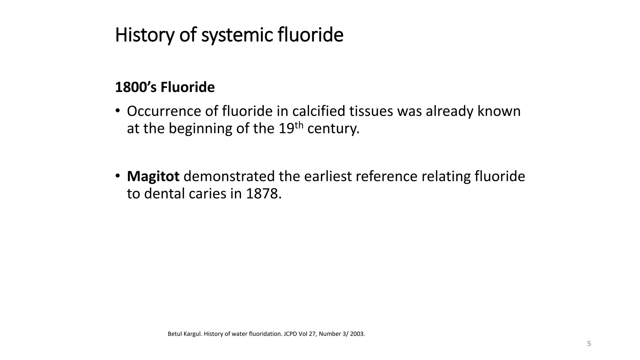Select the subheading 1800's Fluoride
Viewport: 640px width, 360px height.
pos(165,87)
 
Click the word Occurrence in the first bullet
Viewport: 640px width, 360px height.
pos(164,111)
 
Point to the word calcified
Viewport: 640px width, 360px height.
pos(319,111)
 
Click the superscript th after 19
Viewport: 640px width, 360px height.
pos(299,125)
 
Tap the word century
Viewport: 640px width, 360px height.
pos(333,129)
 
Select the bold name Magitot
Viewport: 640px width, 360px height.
pos(153,177)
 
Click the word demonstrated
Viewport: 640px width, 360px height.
pos(229,177)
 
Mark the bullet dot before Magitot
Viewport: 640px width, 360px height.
pos(117,176)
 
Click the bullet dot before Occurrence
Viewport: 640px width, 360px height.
pos(117,111)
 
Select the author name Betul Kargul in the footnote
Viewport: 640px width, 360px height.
pos(185,334)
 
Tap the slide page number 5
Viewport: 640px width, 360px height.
pos(589,344)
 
